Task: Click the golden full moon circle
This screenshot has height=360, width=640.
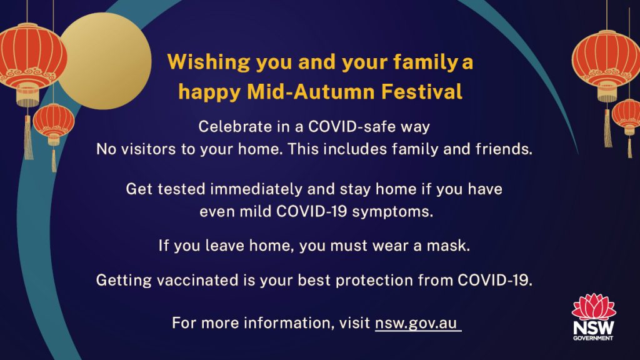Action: tap(105, 61)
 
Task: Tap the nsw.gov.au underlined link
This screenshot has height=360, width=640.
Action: tap(416, 323)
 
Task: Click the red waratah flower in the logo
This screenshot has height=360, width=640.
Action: tap(594, 306)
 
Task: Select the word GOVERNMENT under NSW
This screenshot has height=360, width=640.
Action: tap(593, 338)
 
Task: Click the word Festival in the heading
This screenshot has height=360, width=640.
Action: tap(422, 91)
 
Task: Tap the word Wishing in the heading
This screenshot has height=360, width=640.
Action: tap(209, 62)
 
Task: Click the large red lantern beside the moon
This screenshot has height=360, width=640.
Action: tap(32, 61)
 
